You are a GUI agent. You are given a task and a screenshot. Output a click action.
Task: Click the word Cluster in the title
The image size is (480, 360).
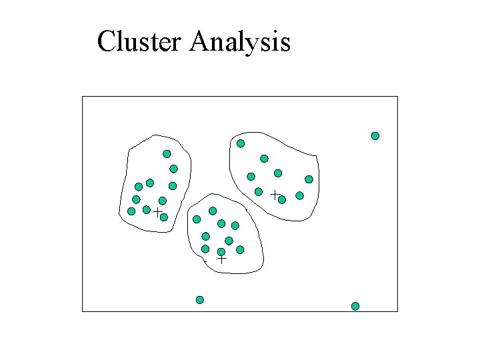click(139, 42)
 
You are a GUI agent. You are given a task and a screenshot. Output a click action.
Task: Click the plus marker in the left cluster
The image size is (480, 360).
click(157, 212)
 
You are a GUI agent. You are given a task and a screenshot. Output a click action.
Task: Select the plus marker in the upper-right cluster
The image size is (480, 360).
click(274, 193)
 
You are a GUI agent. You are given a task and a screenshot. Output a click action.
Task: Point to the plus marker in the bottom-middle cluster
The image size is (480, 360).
click(222, 257)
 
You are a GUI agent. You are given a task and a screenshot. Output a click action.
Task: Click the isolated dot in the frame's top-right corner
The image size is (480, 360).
click(375, 136)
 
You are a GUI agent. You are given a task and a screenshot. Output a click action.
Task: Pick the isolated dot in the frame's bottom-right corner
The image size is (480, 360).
click(355, 306)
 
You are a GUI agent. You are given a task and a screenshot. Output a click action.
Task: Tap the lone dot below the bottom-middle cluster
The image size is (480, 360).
click(200, 300)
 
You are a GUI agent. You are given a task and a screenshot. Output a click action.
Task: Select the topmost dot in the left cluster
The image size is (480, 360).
click(167, 154)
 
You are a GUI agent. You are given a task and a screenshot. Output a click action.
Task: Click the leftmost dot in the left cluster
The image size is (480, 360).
click(131, 211)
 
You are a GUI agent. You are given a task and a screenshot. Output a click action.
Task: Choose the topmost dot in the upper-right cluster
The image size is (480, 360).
click(241, 143)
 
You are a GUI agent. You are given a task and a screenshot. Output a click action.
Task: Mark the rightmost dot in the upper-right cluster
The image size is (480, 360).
click(309, 179)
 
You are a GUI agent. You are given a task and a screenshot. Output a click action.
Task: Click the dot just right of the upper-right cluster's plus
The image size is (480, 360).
click(282, 199)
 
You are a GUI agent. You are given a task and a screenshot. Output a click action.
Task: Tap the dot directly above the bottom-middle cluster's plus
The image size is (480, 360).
click(221, 252)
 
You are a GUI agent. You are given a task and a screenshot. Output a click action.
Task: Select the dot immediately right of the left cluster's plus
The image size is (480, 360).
click(163, 217)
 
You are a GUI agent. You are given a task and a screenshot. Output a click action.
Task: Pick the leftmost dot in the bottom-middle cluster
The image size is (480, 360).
click(197, 219)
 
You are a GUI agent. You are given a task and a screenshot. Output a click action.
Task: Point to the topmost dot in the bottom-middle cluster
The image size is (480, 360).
click(213, 211)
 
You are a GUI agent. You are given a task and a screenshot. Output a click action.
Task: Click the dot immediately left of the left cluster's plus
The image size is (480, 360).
click(147, 210)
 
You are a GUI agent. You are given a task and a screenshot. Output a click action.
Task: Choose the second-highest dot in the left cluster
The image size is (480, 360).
click(173, 169)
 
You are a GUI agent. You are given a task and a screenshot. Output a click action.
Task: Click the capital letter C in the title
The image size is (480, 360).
click(105, 42)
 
